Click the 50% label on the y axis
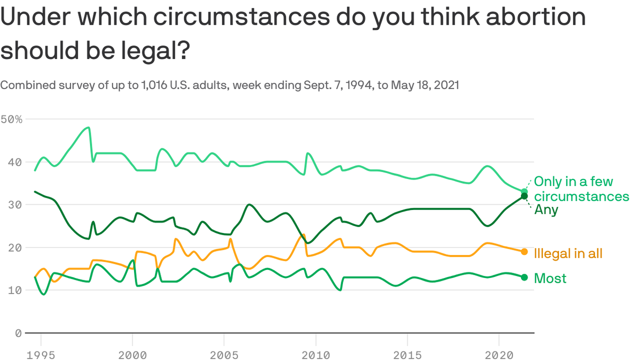coord(11,120)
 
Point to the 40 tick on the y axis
coord(15,162)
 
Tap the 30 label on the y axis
coord(15,205)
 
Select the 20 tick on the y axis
coord(15,248)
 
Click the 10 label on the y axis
coord(15,291)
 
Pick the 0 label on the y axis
coord(19,333)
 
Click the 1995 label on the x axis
coord(41,355)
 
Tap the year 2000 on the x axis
coord(133,355)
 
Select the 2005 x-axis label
coord(224,355)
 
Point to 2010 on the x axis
coord(316,355)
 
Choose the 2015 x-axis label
coord(408,355)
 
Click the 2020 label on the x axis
coord(499,355)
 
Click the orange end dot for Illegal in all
coord(524,252)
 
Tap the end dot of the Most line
coord(524,277)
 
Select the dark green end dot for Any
coord(524,196)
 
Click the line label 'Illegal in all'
coord(568,254)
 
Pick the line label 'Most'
coord(550,278)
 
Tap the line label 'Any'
coord(546,210)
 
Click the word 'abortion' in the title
coord(536,16)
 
